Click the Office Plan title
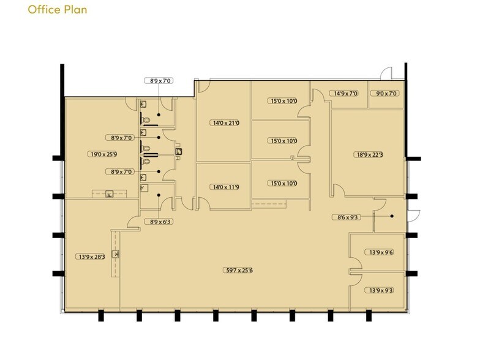coord(58,10)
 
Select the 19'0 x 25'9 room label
coord(103,154)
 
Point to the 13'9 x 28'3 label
coord(91,257)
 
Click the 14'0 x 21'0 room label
coord(225,123)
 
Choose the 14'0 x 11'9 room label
coord(225,187)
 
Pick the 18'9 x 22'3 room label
coord(369,154)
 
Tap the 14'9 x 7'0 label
coord(344,93)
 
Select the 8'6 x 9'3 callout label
coord(347,217)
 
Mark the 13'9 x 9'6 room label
coord(380,252)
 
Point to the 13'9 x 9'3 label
coord(380,290)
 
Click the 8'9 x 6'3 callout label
coord(159,222)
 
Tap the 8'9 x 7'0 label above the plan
coord(159,81)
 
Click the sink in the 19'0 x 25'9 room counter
coord(109,193)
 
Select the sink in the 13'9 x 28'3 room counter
coord(115,254)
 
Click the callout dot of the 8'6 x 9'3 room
coord(392,216)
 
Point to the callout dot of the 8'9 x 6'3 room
coord(159,195)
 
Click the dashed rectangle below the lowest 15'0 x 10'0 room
coord(269,204)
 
